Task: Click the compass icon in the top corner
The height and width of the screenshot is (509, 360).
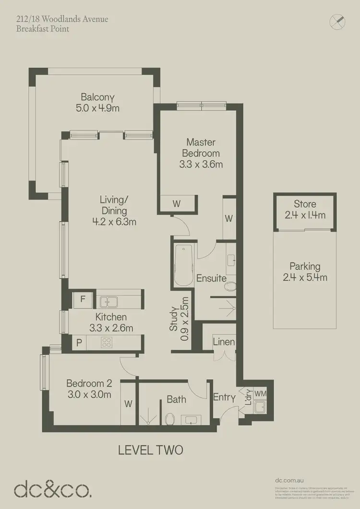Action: click(337, 22)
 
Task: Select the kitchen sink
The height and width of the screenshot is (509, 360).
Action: click(109, 302)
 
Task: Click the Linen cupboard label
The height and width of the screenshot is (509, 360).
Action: click(224, 342)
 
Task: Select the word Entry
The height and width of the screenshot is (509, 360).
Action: click(224, 398)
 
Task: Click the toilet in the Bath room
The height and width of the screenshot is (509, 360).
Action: click(169, 420)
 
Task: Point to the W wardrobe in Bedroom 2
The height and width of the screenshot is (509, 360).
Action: click(129, 404)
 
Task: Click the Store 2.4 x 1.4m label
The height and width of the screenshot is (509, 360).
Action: click(305, 210)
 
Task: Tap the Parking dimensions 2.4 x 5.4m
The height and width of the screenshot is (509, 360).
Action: click(305, 277)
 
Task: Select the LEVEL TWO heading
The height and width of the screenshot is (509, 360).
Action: click(150, 450)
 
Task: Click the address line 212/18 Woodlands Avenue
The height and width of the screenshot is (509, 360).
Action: click(62, 19)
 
